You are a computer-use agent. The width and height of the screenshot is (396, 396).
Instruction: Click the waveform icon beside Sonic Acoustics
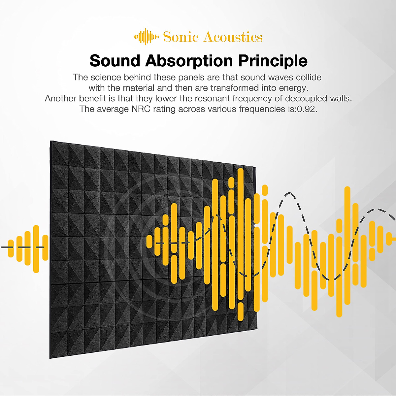pos(146,37)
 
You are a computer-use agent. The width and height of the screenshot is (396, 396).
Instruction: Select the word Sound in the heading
pos(115,61)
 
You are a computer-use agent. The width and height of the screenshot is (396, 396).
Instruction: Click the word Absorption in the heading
pos(189,61)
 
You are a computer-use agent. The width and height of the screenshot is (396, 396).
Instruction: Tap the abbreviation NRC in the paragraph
pos(141,109)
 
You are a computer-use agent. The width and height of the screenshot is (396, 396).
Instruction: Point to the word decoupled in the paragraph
pos(306,99)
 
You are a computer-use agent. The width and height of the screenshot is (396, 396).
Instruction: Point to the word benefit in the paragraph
pos(92,99)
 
